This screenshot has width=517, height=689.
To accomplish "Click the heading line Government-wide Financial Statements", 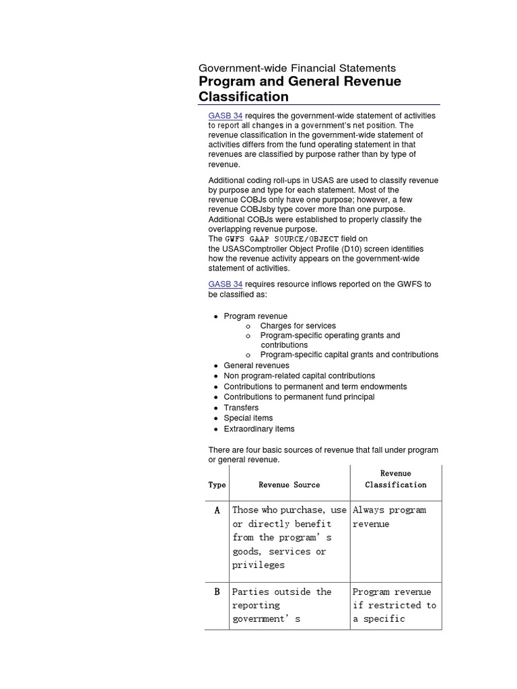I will coord(297,68).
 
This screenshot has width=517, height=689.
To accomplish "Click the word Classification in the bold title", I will coord(243,96).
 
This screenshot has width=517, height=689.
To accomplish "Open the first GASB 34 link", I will coord(225,116).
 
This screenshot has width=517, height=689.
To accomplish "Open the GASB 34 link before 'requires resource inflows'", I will coord(225,284).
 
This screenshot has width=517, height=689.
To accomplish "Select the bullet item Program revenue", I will coord(255,316).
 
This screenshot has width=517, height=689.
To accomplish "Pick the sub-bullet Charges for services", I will coord(298,326).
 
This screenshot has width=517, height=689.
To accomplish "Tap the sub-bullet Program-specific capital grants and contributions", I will coord(349,355).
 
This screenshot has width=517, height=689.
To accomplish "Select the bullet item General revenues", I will coord(256,365).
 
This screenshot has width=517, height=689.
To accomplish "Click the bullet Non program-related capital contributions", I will coord(299,376).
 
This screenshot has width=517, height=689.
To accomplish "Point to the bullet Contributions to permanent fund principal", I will coord(299,397).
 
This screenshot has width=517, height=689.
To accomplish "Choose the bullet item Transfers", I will coord(241,408).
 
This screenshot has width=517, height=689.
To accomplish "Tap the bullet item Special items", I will coord(248,418).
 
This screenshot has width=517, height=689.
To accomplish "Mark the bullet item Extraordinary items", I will coord(258,429).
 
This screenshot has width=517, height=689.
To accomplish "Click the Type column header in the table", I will coord(217,484).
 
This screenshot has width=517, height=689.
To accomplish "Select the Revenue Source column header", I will coord(289,484).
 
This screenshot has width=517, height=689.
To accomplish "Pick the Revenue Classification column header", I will coord(396,479).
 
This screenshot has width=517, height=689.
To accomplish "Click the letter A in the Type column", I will coord(217,510).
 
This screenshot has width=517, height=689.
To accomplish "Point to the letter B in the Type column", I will coord(217,592).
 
